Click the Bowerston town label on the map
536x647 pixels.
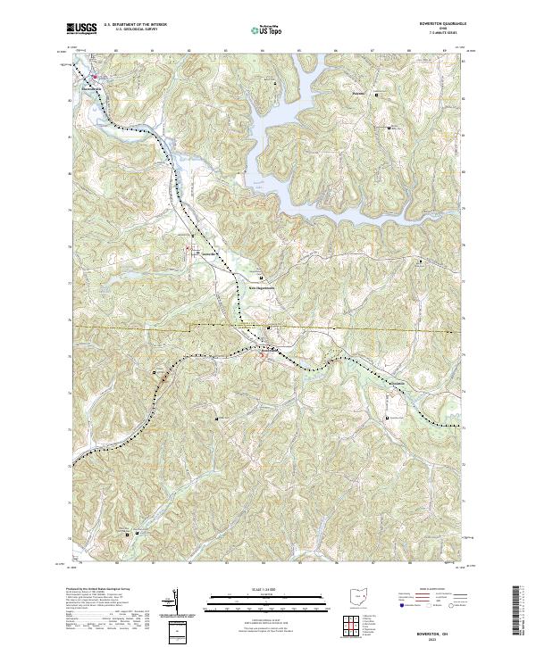coord(269,351)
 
